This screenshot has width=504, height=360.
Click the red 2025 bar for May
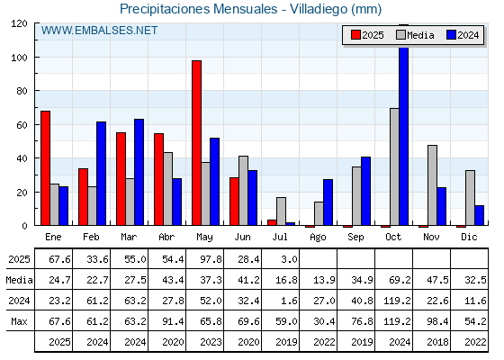point(197,143)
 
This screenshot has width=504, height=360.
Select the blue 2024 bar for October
point(404,136)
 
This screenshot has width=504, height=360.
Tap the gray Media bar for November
point(432,185)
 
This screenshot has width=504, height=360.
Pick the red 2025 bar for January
point(45,168)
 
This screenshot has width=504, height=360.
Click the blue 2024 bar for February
point(101,174)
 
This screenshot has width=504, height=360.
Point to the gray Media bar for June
point(243,191)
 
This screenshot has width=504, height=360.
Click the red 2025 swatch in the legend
point(355,35)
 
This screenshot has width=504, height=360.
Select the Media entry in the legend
point(415,35)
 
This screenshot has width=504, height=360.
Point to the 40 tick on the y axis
point(36,158)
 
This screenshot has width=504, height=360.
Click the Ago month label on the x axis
point(318,238)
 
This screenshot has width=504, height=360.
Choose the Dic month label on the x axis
point(469,237)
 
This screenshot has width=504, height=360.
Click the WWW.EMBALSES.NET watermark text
point(99,31)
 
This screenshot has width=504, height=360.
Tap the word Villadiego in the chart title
point(319,9)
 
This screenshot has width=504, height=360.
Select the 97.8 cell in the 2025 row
point(211,259)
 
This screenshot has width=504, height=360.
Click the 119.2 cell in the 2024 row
point(397,301)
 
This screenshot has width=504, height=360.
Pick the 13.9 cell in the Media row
point(324,280)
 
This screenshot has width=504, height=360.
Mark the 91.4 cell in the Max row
point(173,321)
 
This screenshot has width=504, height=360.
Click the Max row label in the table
point(19,321)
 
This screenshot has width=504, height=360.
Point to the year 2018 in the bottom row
point(437,342)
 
